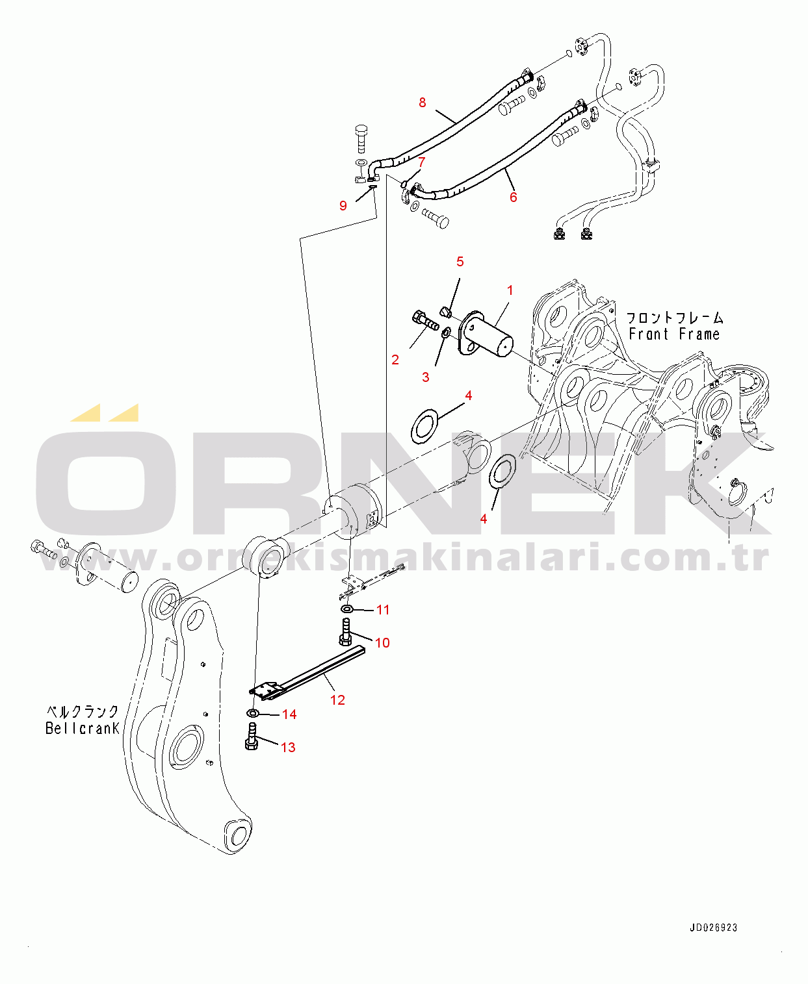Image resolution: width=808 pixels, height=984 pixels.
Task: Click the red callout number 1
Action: point(510,290)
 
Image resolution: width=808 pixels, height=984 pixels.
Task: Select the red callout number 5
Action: point(460,262)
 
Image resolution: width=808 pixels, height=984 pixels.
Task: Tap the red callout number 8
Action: point(423,103)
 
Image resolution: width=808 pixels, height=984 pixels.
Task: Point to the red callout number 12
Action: point(337,700)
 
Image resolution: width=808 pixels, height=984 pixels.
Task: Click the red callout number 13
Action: point(288,748)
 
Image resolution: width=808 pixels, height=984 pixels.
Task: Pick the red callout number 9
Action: point(343,206)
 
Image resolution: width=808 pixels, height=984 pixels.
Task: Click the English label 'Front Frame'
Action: point(675,334)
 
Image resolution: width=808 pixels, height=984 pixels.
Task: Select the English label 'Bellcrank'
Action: point(83,729)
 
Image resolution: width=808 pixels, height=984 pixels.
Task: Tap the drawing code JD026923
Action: point(713,928)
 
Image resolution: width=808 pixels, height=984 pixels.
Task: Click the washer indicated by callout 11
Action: point(347,609)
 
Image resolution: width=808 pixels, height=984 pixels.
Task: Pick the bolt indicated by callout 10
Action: point(346,632)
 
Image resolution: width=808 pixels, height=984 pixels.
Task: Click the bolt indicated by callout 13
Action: point(252,737)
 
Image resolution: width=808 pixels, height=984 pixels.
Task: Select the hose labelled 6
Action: point(507,159)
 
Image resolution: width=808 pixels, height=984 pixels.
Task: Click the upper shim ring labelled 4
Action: point(425,426)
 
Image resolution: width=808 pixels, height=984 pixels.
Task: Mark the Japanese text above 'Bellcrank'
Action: point(83,711)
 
